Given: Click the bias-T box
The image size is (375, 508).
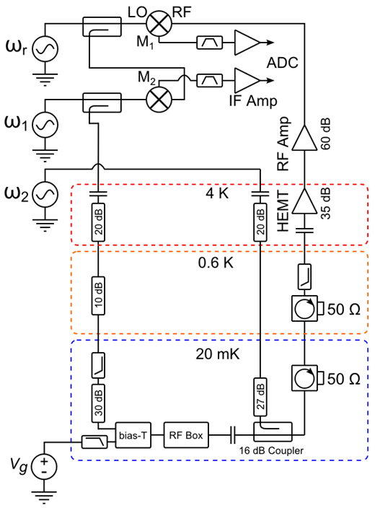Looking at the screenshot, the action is tap(133, 435).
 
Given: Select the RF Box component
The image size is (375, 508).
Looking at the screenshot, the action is tap(186, 435).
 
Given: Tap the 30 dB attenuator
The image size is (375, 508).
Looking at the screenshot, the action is tap(99, 403).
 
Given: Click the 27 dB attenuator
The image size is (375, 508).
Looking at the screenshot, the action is tap(260, 397).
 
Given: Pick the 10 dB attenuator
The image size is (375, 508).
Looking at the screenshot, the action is tap(99, 295).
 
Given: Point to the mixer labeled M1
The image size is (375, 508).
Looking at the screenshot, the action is tap(159, 23).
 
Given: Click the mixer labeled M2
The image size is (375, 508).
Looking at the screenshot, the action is tap(159, 99).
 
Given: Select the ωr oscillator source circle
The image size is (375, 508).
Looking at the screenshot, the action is tap(45, 49).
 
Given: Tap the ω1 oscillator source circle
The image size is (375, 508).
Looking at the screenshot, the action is tap(45, 125).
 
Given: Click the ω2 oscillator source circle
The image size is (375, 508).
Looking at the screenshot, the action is tap(45, 194).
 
